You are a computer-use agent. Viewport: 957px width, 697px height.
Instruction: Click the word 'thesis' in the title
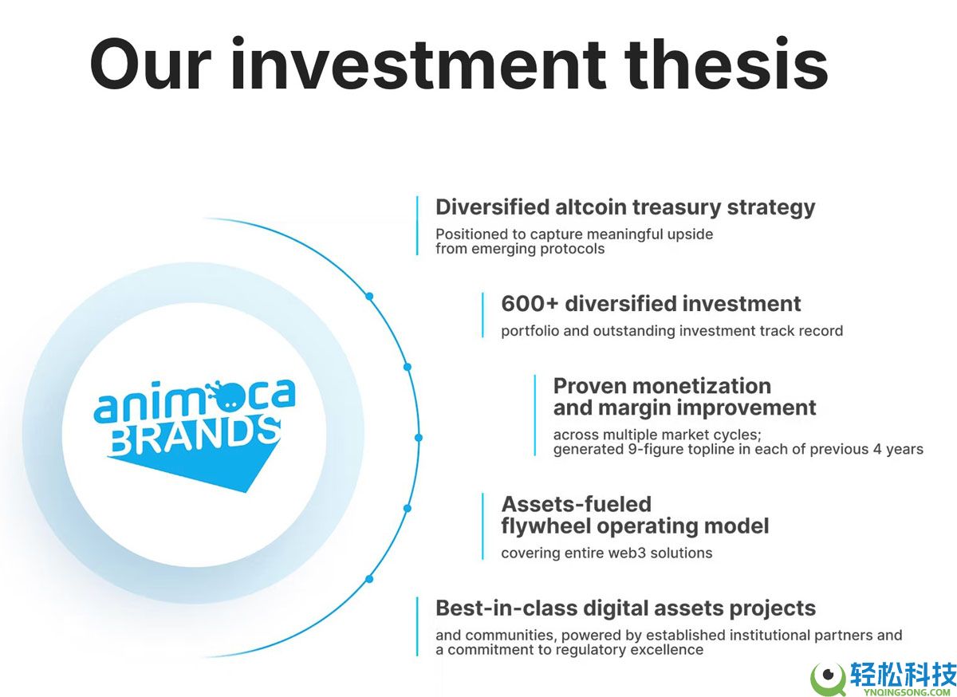pos(726,64)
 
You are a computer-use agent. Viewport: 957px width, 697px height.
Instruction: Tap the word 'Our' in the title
pos(151,65)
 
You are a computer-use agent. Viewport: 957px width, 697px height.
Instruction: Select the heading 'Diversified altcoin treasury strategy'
pos(625,207)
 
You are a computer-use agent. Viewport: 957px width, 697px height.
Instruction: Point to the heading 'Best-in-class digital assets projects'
pos(626,608)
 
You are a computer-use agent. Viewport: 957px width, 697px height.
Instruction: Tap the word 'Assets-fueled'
pos(577,504)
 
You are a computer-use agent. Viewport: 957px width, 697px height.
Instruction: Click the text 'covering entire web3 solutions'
pos(607,553)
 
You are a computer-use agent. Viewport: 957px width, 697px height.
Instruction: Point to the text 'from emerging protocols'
pos(520,249)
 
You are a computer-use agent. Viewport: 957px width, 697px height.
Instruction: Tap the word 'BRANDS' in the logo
pos(195,436)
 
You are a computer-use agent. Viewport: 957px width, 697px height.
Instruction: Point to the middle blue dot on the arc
pos(419,438)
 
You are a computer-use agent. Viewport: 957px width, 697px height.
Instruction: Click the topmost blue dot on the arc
pos(369,296)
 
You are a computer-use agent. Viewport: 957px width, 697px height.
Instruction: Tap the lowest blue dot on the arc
pos(369,579)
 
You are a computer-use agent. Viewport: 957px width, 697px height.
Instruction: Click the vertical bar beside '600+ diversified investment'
pos(482,315)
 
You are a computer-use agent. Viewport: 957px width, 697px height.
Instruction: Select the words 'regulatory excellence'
pos(629,651)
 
